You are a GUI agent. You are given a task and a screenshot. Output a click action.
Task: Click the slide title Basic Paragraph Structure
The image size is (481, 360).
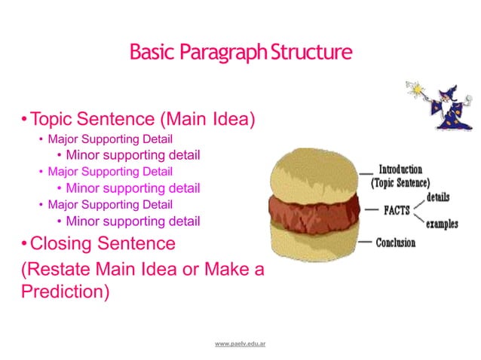tap(240, 53)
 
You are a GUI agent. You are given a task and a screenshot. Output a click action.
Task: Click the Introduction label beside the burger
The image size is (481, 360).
tap(400, 169)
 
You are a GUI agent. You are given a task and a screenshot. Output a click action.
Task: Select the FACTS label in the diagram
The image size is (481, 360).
tap(396, 211)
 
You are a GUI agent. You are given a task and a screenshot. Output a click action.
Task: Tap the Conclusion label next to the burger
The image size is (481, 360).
tap(397, 243)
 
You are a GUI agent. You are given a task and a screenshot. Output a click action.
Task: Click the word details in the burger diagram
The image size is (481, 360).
tap(438, 197)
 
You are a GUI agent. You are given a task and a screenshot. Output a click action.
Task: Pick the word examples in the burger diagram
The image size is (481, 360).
tap(441, 224)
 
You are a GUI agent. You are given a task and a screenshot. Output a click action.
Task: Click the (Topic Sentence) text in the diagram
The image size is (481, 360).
tap(400, 182)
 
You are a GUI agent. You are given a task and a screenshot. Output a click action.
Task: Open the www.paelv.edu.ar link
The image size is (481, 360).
tap(243, 343)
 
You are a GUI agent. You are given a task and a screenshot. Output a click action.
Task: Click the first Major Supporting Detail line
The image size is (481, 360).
tap(110, 139)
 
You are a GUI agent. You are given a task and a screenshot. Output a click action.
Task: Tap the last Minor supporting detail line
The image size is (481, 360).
tap(133, 221)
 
